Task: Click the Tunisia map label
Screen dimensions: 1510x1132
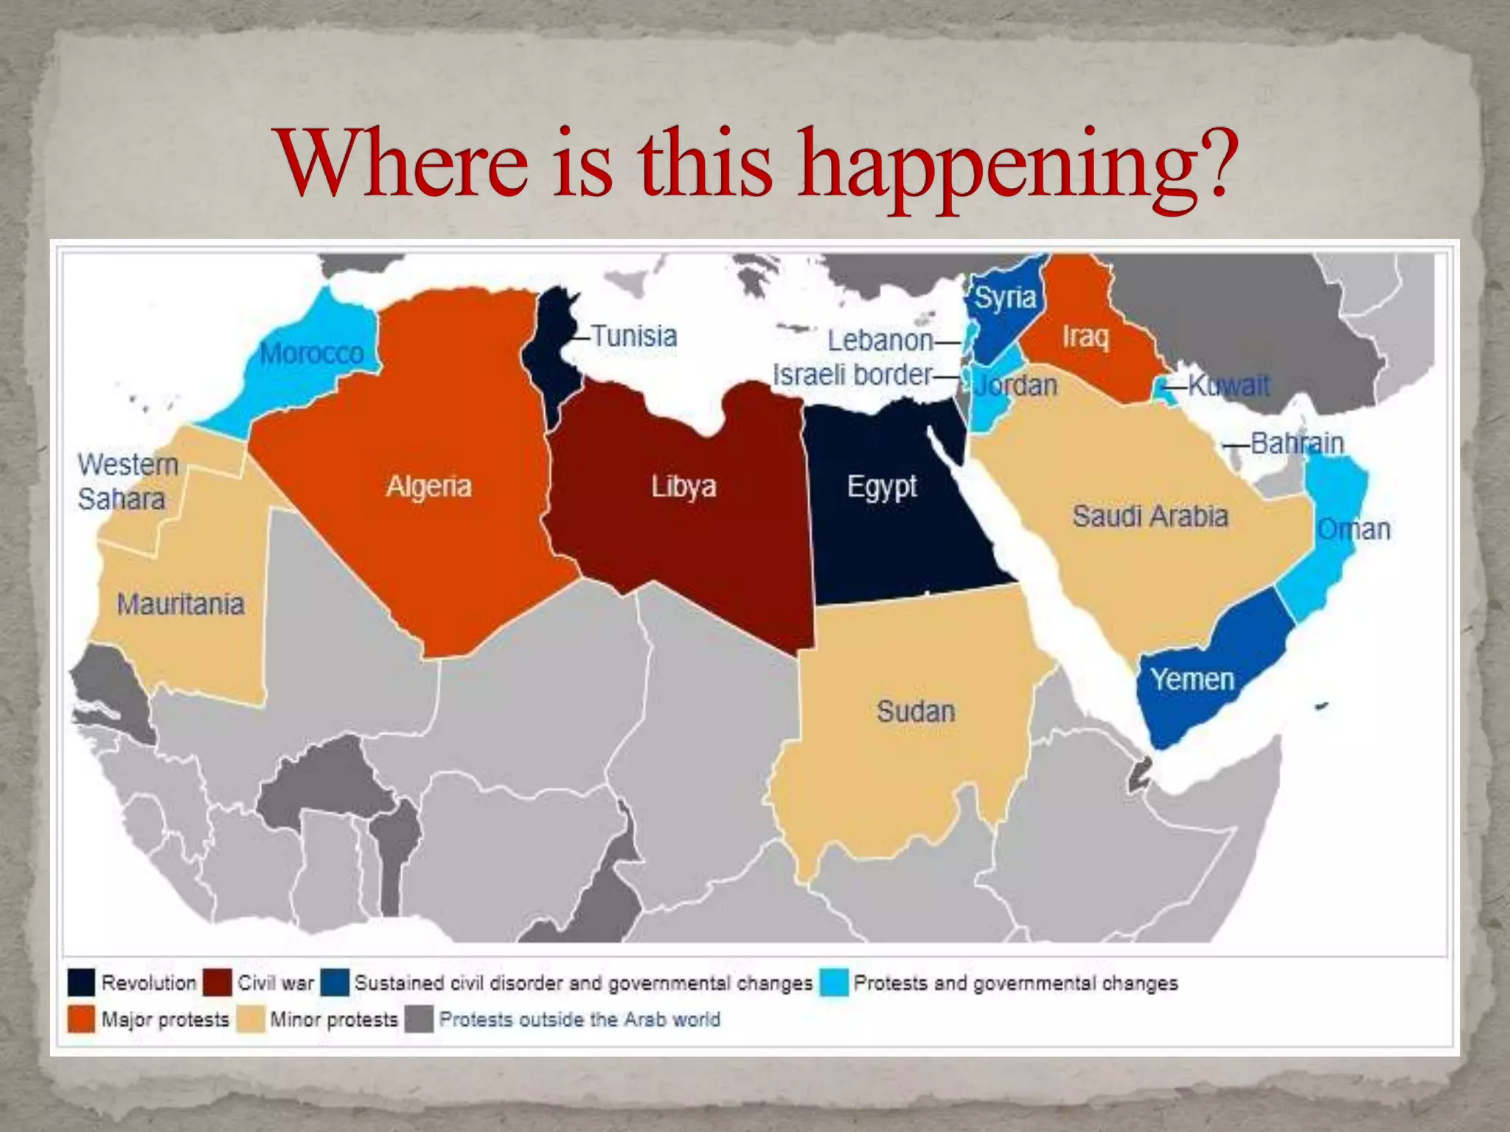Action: point(634,337)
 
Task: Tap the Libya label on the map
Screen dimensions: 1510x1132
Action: point(683,486)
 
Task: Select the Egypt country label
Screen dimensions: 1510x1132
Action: point(882,486)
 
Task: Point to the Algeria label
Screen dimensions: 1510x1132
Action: point(428,486)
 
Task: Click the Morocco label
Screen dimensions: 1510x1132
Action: point(312,354)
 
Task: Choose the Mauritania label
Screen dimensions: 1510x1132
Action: point(181,604)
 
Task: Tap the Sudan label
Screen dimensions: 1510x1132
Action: point(916,712)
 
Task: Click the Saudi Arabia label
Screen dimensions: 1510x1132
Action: point(1150,516)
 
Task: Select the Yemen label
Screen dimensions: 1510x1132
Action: point(1192,679)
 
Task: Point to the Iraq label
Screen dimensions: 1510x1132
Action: point(1085,337)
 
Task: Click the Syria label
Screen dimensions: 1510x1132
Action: point(1005,298)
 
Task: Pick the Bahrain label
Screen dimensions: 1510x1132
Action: point(1297,444)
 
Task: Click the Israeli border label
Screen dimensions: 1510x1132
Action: point(852,375)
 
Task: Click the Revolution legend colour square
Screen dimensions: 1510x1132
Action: point(81,982)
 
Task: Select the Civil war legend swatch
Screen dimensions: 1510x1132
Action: point(218,982)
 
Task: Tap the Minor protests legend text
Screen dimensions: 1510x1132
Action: point(334,1020)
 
